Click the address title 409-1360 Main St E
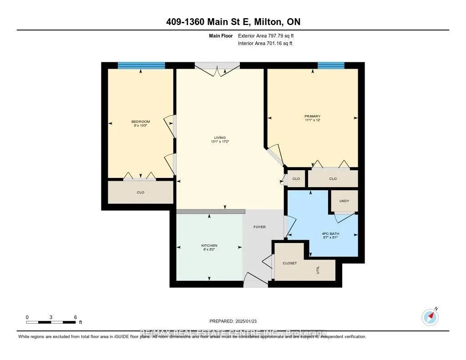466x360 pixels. point(233,21)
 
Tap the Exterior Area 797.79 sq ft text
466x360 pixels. point(268,35)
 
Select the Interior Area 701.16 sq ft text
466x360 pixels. point(265,43)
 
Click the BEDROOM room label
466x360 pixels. point(141,122)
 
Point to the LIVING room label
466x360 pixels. point(220,137)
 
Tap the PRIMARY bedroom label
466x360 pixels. point(313,117)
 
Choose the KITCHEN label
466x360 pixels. point(209,246)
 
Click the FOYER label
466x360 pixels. point(259,227)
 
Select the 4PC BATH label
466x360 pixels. point(330,234)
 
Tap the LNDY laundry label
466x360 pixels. point(344,201)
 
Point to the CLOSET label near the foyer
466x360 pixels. point(289,263)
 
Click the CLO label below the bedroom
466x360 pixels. point(141,193)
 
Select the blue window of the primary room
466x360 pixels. point(331,66)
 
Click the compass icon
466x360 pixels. point(430,317)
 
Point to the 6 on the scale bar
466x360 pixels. point(76,317)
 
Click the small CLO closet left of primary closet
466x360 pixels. point(296,179)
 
